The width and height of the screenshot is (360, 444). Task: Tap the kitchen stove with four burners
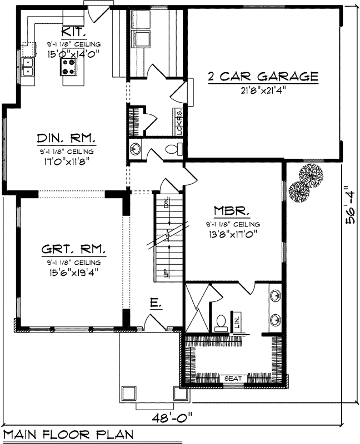click(x=71, y=67)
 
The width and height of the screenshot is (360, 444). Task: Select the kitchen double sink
click(x=27, y=67)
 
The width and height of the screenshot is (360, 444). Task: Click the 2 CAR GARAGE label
click(x=263, y=76)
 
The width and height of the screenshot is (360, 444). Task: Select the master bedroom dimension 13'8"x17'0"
click(x=232, y=234)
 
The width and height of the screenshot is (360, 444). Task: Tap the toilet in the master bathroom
click(x=221, y=322)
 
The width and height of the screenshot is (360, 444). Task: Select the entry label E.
click(x=156, y=303)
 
